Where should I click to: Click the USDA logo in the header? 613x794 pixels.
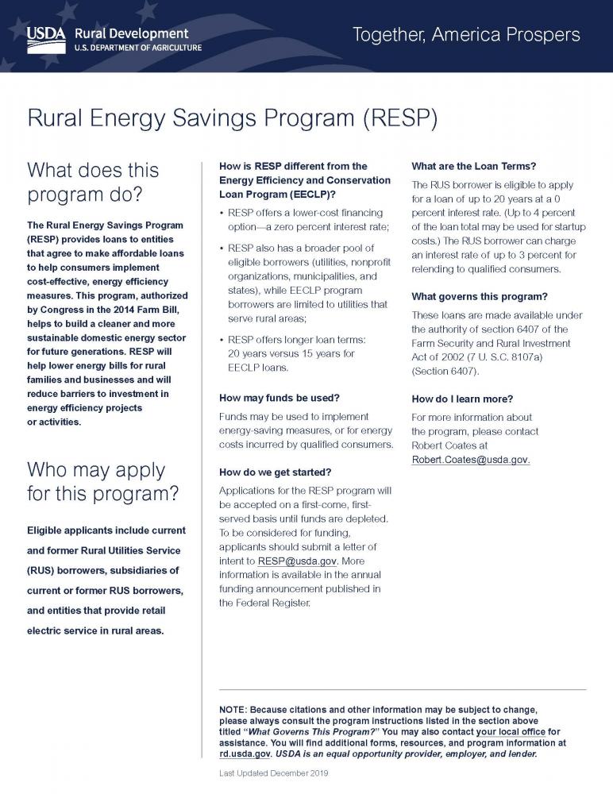pyautogui.click(x=46, y=38)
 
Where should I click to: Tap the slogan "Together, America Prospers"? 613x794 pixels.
pyautogui.click(x=465, y=35)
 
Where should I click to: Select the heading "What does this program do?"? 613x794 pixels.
pyautogui.click(x=94, y=183)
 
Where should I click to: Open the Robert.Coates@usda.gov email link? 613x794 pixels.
pyautogui.click(x=470, y=460)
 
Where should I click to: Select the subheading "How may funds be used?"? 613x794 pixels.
pyautogui.click(x=279, y=396)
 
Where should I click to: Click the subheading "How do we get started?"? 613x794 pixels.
pyautogui.click(x=275, y=472)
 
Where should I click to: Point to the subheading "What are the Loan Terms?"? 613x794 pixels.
pyautogui.click(x=474, y=166)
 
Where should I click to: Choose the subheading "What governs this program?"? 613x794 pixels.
pyautogui.click(x=480, y=296)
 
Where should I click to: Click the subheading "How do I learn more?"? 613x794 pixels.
pyautogui.click(x=462, y=398)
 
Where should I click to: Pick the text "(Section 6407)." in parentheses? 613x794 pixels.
pyautogui.click(x=445, y=371)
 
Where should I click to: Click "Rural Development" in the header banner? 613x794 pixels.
pyautogui.click(x=131, y=33)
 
